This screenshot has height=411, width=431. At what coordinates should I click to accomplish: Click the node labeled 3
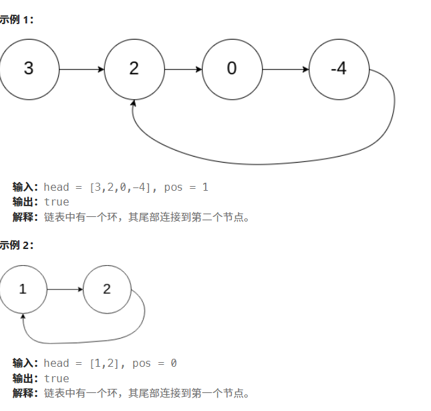pyautogui.click(x=29, y=69)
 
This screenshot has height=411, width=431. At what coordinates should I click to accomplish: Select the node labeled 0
pyautogui.click(x=231, y=69)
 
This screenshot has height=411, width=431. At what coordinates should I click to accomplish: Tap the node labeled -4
pyautogui.click(x=339, y=69)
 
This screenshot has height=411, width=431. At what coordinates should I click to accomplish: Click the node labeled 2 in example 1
pyautogui.click(x=134, y=69)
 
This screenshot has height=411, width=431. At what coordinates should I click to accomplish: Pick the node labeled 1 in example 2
pyautogui.click(x=23, y=289)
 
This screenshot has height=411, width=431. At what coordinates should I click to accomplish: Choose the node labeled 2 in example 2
pyautogui.click(x=108, y=289)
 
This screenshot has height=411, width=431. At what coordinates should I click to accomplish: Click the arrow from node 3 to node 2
pyautogui.click(x=82, y=69)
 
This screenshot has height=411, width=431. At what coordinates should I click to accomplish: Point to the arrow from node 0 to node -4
pyautogui.click(x=285, y=69)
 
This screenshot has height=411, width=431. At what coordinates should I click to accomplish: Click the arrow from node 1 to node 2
pyautogui.click(x=65, y=289)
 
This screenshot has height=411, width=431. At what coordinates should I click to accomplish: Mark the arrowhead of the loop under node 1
pyautogui.click(x=23, y=317)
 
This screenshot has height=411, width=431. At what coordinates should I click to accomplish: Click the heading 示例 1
pyautogui.click(x=16, y=20)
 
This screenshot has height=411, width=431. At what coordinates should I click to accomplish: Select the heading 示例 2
pyautogui.click(x=16, y=245)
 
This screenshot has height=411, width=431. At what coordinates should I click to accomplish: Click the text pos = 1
pyautogui.click(x=186, y=187)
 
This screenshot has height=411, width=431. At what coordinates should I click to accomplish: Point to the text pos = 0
pyautogui.click(x=154, y=363)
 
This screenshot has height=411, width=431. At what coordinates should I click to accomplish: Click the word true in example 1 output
pyautogui.click(x=57, y=201)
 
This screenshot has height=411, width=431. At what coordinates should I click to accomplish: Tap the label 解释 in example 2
pyautogui.click(x=25, y=393)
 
